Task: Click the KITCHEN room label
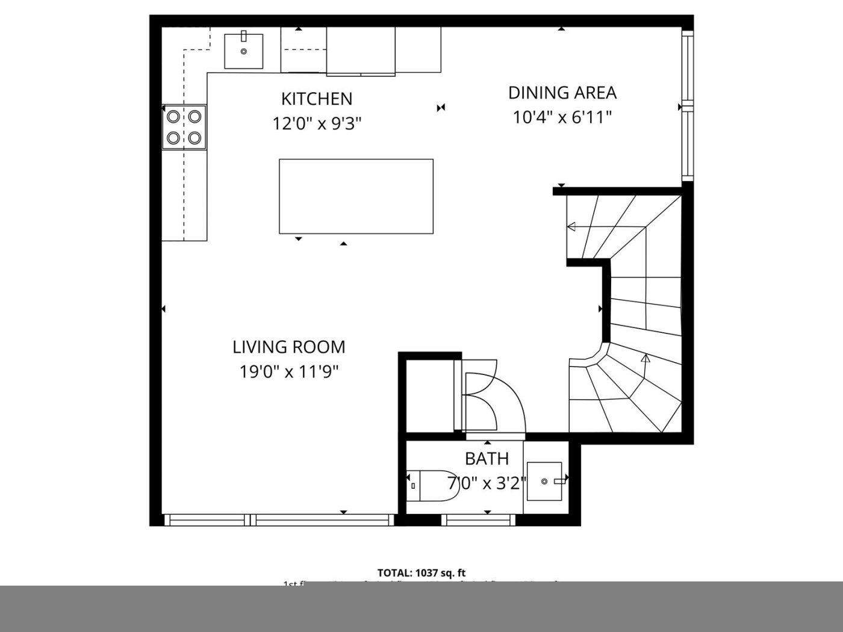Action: tap(317, 99)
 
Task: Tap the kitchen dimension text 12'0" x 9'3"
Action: tap(317, 124)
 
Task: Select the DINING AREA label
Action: tap(562, 93)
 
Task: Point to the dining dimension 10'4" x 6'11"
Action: tap(562, 117)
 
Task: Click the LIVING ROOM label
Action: tap(289, 347)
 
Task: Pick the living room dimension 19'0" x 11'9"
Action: tap(289, 373)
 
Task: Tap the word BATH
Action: tap(487, 459)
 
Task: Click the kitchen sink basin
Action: tap(244, 52)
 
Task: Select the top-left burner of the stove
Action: tap(173, 116)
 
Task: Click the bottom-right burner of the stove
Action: tap(194, 138)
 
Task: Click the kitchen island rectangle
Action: tap(356, 196)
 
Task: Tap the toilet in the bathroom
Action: tap(434, 486)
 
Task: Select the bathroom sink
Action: tap(544, 481)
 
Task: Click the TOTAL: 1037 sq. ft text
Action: tap(421, 573)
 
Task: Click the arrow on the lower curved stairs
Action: tap(645, 359)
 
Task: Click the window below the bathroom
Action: tap(479, 520)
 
